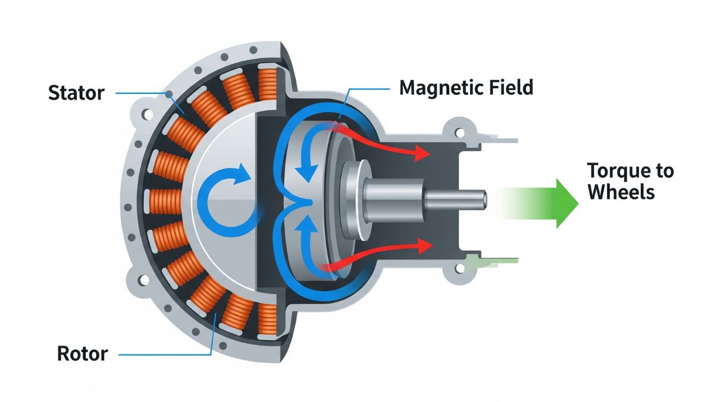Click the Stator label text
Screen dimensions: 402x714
[77, 94]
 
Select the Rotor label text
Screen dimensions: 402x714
[82, 354]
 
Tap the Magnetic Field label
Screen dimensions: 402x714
[466, 88]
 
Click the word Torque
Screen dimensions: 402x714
[617, 171]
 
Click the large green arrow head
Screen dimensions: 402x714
[565, 203]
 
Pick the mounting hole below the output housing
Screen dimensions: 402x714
[458, 270]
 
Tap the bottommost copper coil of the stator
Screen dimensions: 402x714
[268, 316]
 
